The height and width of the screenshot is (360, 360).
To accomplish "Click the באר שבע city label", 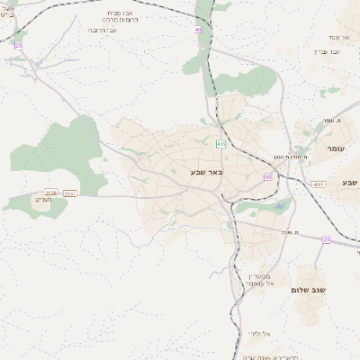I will click(207, 171).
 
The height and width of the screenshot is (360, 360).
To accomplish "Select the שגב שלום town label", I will click(308, 290).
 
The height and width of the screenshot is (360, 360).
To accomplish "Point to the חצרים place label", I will click(43, 202).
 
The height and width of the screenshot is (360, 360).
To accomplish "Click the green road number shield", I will click(221, 143).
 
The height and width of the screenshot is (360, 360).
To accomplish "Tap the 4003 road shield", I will click(319, 184).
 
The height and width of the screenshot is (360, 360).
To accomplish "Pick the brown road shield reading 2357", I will click(70, 193).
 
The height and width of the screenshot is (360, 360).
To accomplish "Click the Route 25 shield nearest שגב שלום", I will click(327, 239).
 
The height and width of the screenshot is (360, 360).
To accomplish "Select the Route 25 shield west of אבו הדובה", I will click(19, 45).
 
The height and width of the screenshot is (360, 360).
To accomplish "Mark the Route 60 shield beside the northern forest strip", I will click(198, 30).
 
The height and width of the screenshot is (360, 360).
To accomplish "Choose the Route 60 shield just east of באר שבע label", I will click(268, 176).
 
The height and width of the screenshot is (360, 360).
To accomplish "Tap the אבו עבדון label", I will click(326, 51).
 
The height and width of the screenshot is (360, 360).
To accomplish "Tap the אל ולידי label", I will click(259, 332).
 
